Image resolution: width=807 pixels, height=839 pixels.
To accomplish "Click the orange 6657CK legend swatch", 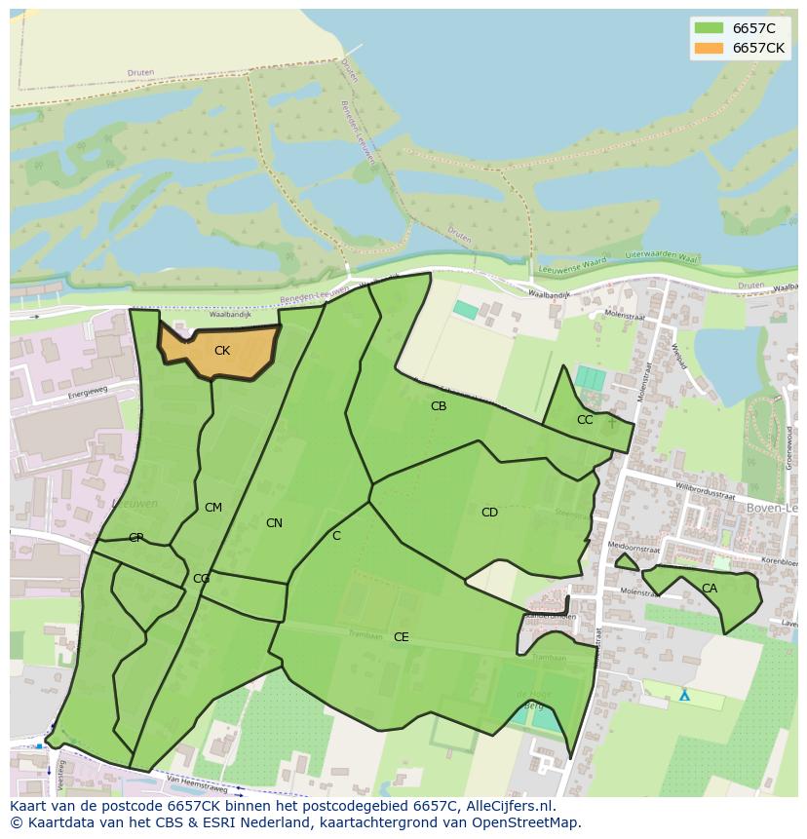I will [708, 48].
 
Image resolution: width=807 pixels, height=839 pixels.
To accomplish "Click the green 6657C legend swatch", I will [708, 28].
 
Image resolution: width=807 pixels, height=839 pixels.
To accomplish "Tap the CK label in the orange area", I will [222, 351].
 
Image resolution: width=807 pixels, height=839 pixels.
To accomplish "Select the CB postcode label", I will [439, 406].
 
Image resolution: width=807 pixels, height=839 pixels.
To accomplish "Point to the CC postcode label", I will [585, 420].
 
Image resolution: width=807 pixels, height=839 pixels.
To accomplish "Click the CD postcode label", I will [489, 513].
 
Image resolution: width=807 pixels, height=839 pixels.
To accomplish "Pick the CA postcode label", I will [710, 589].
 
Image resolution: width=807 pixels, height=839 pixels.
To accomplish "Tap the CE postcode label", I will [401, 637].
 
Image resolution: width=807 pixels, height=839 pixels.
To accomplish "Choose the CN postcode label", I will [274, 523].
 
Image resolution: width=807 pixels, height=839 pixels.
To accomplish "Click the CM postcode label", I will [213, 508].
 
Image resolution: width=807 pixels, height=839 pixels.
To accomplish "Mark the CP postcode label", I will [136, 538].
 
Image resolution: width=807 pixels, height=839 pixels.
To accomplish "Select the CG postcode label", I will [201, 579].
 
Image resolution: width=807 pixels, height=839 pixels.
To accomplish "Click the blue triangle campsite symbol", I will [684, 696].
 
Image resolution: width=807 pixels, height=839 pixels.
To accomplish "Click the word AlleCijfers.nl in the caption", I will [506, 806].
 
